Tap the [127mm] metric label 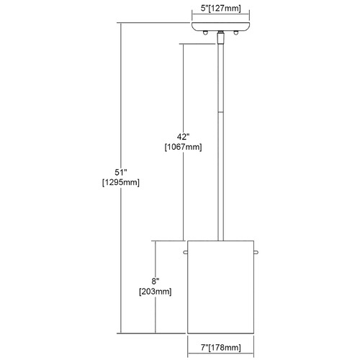[x=225, y=9]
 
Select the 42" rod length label [x=183, y=137]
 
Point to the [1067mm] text [x=183, y=147]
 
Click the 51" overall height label [x=120, y=172]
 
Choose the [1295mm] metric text [x=121, y=182]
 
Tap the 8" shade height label [x=156, y=281]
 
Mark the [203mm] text [x=156, y=292]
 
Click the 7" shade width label [x=204, y=347]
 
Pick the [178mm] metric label [x=225, y=347]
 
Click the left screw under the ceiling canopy [x=205, y=33]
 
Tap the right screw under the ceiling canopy [x=236, y=33]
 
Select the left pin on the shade [x=185, y=252]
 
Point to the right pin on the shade [x=256, y=252]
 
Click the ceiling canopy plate [x=221, y=27]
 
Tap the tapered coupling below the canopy [x=220, y=38]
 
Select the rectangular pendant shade [x=220, y=287]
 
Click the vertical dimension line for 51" [x=121, y=178]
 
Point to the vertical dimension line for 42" [x=184, y=142]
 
